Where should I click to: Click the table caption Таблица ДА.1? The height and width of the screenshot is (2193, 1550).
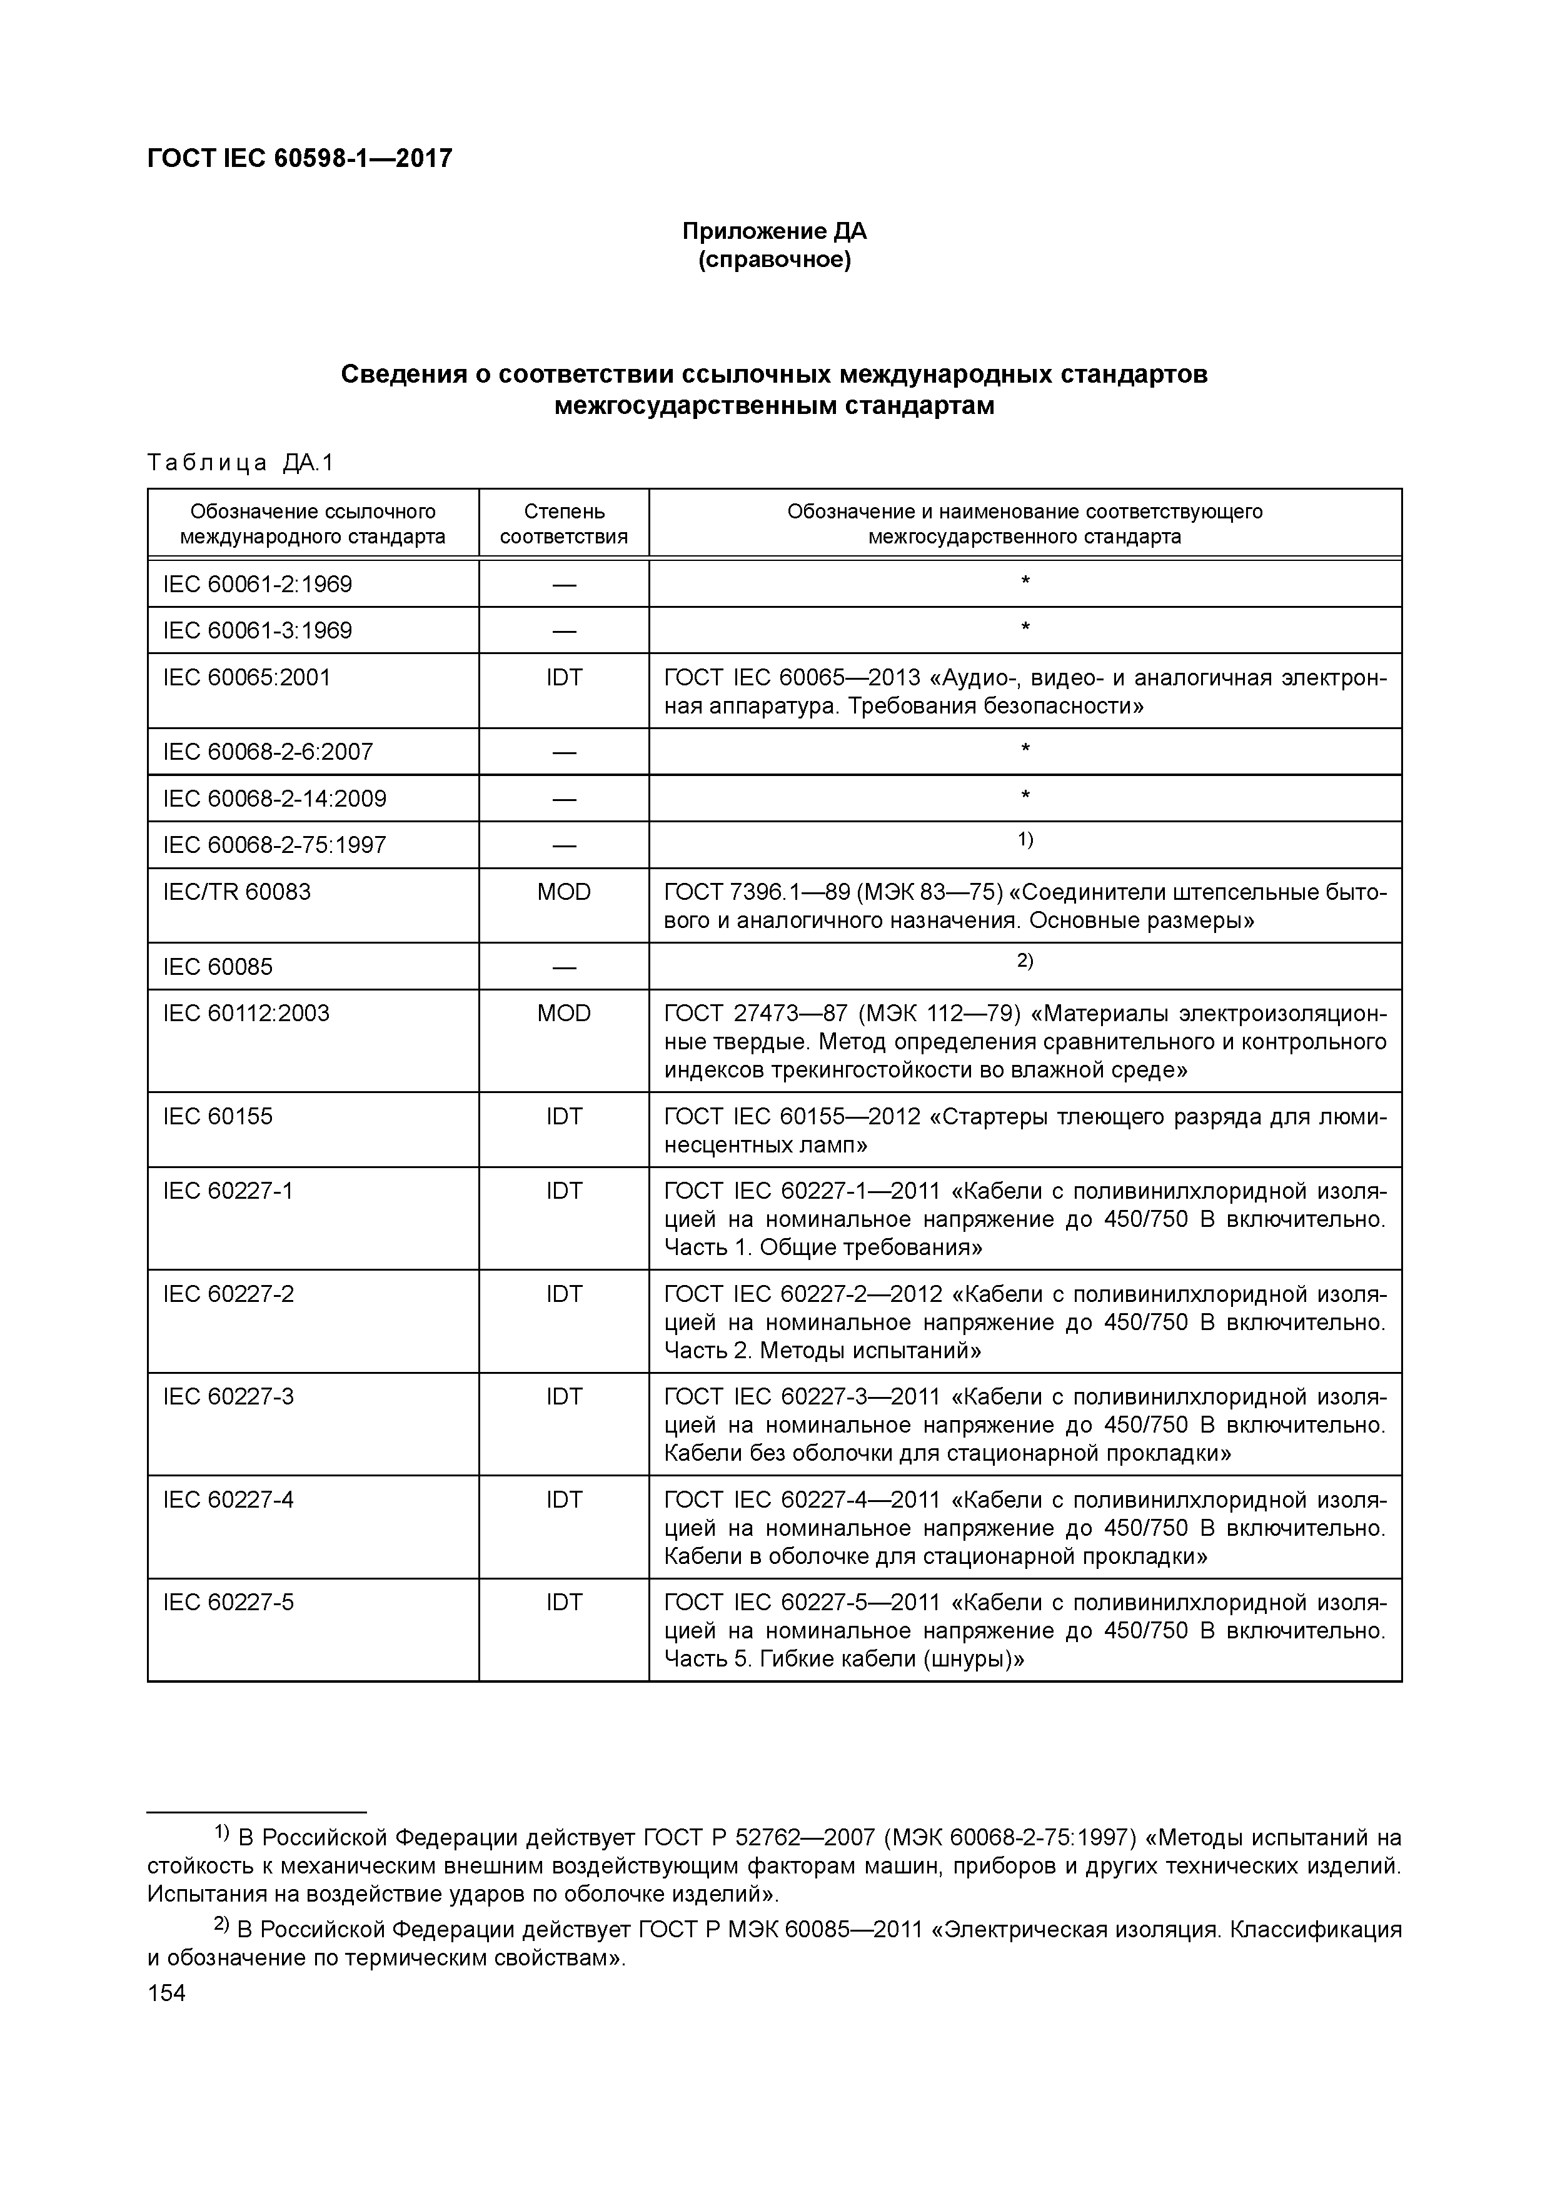(241, 463)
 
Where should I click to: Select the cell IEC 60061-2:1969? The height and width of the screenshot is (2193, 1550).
(257, 583)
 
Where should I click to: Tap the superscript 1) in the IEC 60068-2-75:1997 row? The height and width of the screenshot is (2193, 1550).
(1025, 840)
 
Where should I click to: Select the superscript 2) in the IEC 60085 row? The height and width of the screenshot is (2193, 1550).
(1025, 961)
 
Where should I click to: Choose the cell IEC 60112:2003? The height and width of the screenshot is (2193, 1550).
(246, 1014)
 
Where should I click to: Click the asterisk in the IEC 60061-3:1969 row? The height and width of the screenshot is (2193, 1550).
(1025, 628)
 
